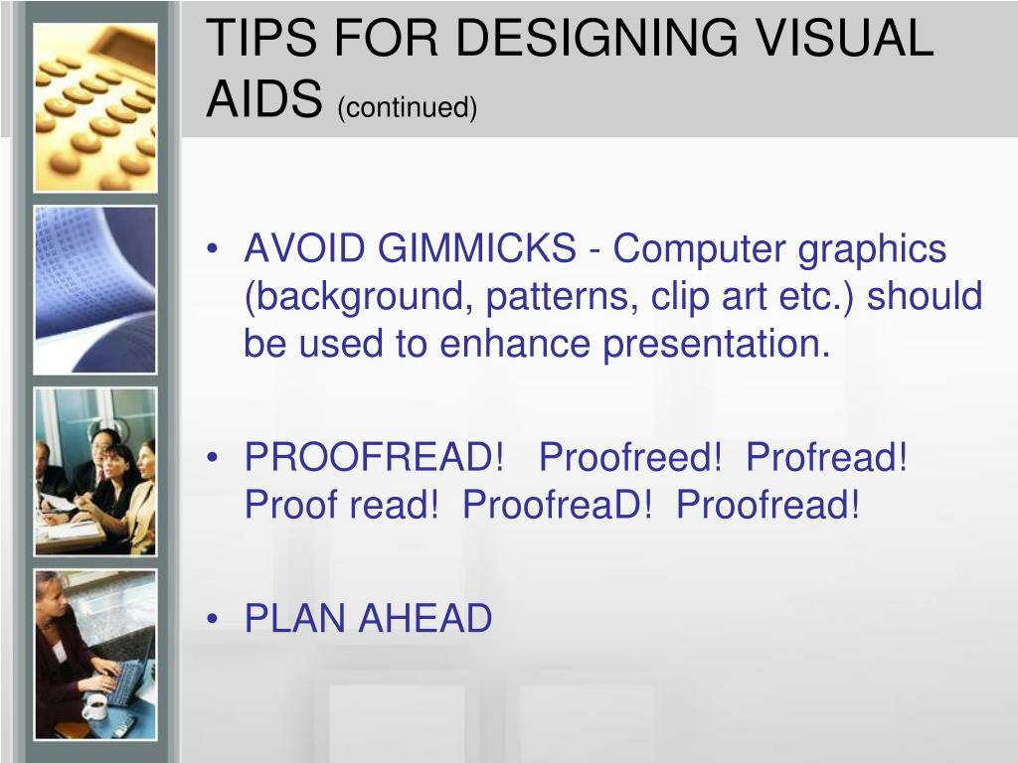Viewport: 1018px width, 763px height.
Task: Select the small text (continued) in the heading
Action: [x=408, y=106]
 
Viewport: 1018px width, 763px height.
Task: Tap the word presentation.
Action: [x=716, y=344]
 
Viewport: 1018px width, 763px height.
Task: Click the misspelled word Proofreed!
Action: [x=630, y=458]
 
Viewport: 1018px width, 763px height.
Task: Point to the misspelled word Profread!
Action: [x=827, y=458]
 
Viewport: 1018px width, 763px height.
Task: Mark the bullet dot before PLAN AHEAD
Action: [x=214, y=619]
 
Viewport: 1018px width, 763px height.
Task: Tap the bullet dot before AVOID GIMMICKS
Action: [x=214, y=249]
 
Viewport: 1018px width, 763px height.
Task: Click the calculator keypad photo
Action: [x=95, y=106]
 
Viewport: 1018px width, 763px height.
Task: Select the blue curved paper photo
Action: [x=95, y=289]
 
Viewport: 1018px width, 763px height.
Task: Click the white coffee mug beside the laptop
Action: [x=95, y=706]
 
